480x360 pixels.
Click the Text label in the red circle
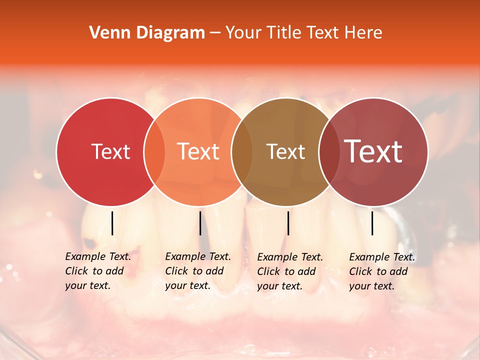pos(110,151)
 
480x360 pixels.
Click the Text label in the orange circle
pos(198,151)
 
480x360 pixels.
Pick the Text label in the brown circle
pos(285,151)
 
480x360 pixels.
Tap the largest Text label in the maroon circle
pos(373,151)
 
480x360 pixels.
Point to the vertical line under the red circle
pos(112,223)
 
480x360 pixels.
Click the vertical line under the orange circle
pos(200,223)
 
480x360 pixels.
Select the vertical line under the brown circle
pos(288,223)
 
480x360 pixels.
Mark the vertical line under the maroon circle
pos(372,223)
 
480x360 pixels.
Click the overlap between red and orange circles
pos(154,151)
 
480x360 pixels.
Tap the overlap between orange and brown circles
pos(242,151)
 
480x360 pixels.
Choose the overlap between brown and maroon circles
pos(328,151)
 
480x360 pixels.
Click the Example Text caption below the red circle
pos(98,271)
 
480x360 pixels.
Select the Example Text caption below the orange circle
pos(198,271)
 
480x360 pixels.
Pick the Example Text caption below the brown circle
pos(290,271)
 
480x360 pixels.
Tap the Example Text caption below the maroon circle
pos(382,271)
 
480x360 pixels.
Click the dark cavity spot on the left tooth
pos(90,244)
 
